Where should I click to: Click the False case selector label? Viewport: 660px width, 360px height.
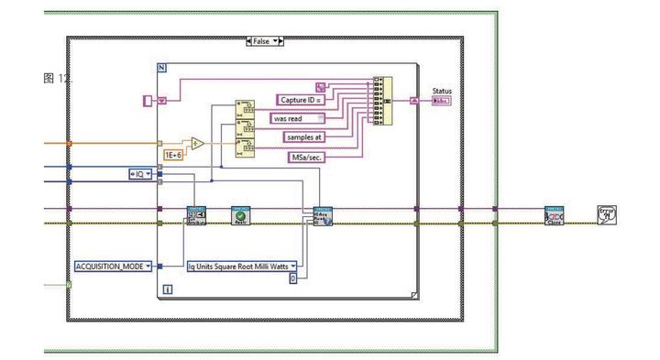coord(265,41)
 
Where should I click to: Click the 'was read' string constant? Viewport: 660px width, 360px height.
coord(297,118)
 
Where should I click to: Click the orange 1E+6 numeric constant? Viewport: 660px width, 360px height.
coord(174,155)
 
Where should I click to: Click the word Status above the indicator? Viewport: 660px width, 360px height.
coord(442,91)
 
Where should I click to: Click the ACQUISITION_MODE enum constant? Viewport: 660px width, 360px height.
coord(113,266)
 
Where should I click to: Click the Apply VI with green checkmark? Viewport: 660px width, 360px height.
coord(241,216)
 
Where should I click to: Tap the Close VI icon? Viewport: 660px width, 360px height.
coord(554,216)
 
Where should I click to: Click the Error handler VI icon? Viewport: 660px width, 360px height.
coord(606,215)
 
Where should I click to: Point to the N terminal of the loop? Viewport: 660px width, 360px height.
coord(162,69)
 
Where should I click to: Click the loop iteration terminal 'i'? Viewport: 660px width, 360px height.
coord(167,289)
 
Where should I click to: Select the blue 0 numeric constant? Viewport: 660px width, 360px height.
coord(293,278)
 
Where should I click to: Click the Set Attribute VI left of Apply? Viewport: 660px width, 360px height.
coord(196,216)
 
